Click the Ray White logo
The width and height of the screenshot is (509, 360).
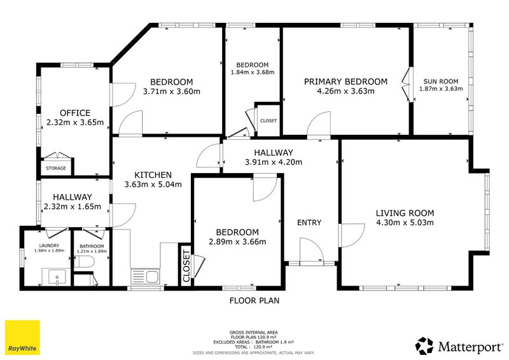pos(22,337)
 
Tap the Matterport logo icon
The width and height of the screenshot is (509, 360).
pos(424,346)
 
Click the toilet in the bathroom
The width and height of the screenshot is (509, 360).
pos(85,261)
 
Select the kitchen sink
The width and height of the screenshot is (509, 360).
pos(145,277)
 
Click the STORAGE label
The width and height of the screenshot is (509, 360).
pos(56,168)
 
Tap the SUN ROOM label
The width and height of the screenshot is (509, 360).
pos(441,81)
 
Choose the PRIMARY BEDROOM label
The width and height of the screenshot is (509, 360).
pos(345,81)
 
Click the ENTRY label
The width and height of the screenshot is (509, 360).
pos(309,223)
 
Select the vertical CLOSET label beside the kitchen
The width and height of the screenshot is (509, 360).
pos(186,265)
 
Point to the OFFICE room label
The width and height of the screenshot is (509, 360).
pos(75,113)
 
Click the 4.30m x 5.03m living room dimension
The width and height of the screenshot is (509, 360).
pos(405,223)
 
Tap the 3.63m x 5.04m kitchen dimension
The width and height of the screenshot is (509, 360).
pos(153,184)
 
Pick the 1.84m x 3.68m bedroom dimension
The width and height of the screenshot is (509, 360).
pos(253,72)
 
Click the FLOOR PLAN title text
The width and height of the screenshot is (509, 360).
pos(254,301)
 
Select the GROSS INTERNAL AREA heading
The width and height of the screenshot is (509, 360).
pos(253,333)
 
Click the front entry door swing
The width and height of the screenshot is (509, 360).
pos(311,249)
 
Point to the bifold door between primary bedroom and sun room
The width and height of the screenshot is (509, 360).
pos(407,85)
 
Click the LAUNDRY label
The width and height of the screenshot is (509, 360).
pos(49,246)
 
